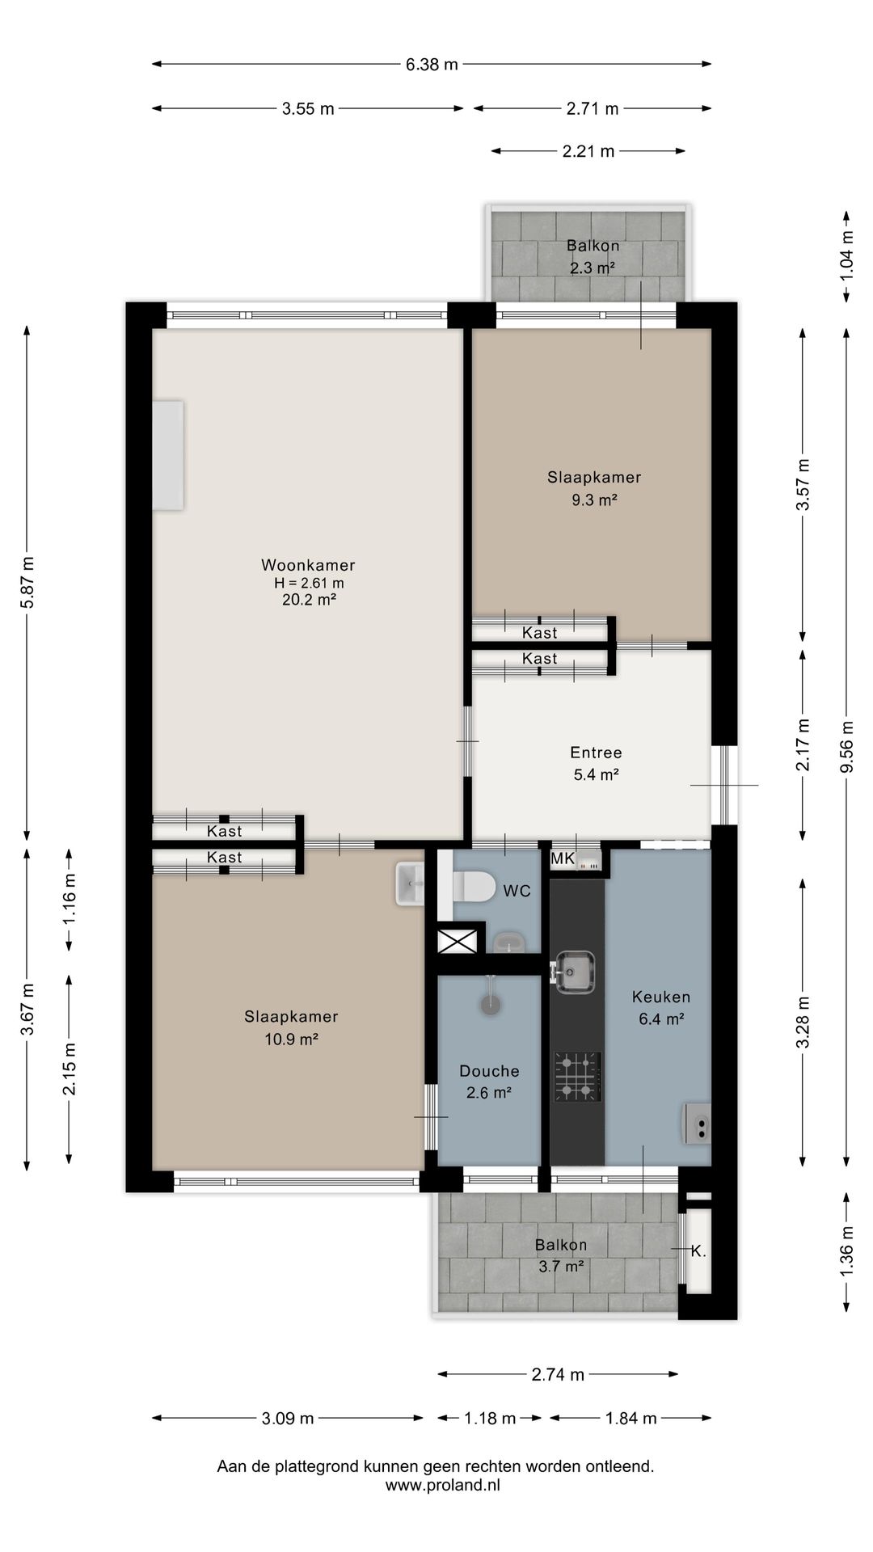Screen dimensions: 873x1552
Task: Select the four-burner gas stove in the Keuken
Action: click(x=578, y=1077)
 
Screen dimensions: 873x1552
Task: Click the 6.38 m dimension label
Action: click(x=432, y=65)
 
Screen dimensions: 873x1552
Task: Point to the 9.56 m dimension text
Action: click(x=846, y=746)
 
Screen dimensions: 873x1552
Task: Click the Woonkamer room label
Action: click(x=308, y=565)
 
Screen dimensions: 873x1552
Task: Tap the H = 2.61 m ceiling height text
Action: click(x=309, y=583)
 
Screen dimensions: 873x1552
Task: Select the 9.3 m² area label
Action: click(x=594, y=500)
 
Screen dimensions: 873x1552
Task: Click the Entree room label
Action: click(x=596, y=753)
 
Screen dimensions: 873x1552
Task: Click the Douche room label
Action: click(x=489, y=1071)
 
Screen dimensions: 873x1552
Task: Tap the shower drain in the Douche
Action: click(x=490, y=1005)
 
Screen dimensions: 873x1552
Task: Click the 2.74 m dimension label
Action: click(x=558, y=1374)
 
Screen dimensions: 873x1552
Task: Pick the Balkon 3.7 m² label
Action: click(x=561, y=1255)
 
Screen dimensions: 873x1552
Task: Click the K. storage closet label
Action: click(x=698, y=1251)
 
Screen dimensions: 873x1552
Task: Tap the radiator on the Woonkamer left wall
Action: click(x=168, y=455)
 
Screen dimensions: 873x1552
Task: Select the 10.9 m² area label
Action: click(x=291, y=1040)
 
